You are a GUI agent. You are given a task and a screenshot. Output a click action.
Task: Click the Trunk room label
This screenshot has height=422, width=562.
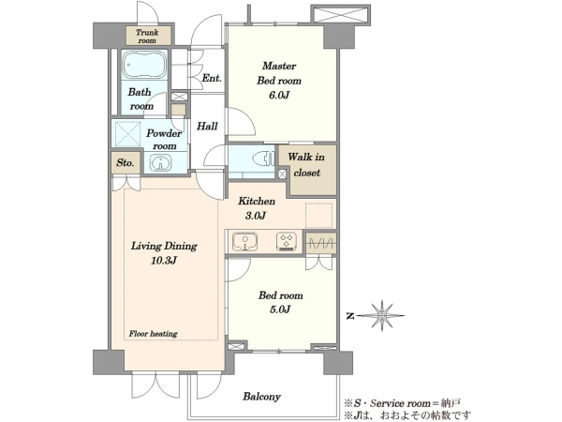tap(147, 37)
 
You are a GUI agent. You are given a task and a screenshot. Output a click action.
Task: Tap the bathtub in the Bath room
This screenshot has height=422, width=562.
tap(144, 65)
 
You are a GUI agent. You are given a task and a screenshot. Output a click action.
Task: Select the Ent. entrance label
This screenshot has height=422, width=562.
tap(212, 78)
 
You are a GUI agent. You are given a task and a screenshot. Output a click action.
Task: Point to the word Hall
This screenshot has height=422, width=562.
tap(207, 126)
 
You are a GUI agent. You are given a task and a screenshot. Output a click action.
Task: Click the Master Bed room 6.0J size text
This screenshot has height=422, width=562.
tap(279, 95)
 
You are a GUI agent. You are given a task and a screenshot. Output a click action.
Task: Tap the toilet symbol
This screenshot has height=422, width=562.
tap(263, 158)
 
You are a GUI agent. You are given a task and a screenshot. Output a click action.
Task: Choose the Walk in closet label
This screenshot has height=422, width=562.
tap(306, 165)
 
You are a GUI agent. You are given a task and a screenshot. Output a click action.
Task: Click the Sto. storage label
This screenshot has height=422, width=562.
tap(126, 163)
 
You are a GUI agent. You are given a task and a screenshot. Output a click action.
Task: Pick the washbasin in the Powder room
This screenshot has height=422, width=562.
tap(160, 162)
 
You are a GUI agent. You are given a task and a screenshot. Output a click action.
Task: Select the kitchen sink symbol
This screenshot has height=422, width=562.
tap(244, 242)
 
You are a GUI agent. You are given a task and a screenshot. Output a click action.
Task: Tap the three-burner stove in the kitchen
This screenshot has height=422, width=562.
tap(287, 241)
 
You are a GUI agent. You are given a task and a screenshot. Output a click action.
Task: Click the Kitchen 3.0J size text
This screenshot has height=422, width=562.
tap(256, 216)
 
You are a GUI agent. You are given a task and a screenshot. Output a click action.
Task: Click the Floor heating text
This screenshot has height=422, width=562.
tap(154, 334)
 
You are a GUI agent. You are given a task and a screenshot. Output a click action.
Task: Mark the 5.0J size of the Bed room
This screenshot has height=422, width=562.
tap(280, 309)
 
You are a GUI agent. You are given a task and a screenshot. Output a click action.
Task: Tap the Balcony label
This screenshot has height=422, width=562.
tap(261, 397)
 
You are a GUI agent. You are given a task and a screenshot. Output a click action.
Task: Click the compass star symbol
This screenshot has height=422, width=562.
tap(382, 315)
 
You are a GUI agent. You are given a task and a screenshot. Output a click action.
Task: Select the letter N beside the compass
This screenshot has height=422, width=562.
tap(350, 316)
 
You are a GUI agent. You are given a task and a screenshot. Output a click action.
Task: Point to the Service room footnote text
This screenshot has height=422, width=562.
tap(402, 403)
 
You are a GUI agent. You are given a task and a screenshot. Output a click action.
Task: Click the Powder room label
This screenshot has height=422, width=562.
tap(164, 140)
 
